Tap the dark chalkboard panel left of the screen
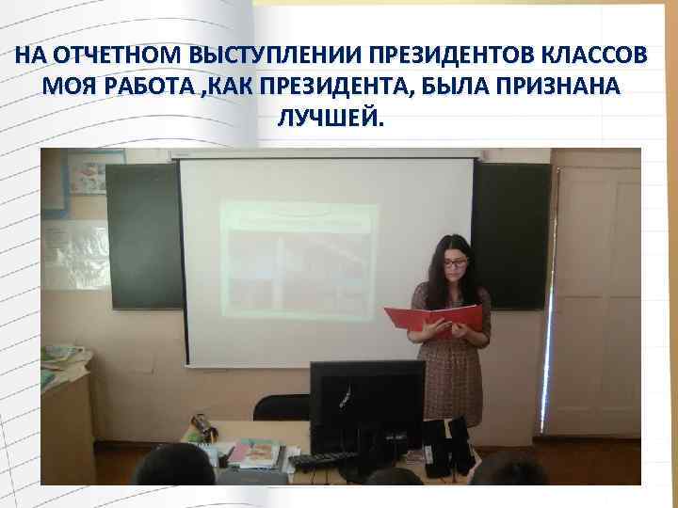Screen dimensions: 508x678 tap(143, 235)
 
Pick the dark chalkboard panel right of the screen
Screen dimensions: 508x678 tap(509, 235)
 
